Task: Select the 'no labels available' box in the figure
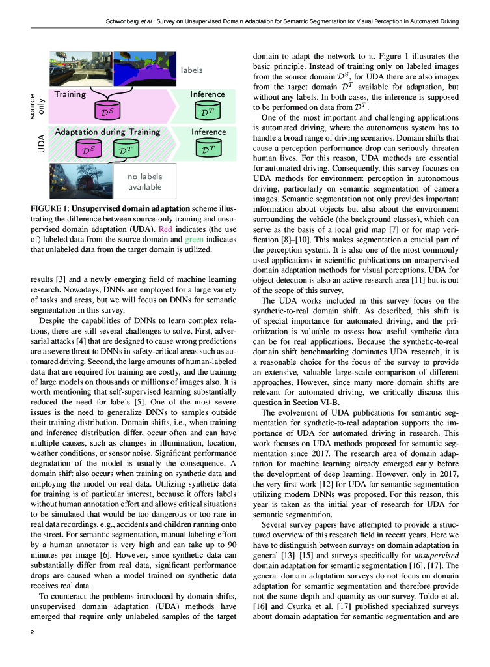point(144,182)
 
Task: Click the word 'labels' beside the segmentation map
point(192,70)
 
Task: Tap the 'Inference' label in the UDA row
point(208,132)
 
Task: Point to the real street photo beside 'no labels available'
point(79,180)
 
